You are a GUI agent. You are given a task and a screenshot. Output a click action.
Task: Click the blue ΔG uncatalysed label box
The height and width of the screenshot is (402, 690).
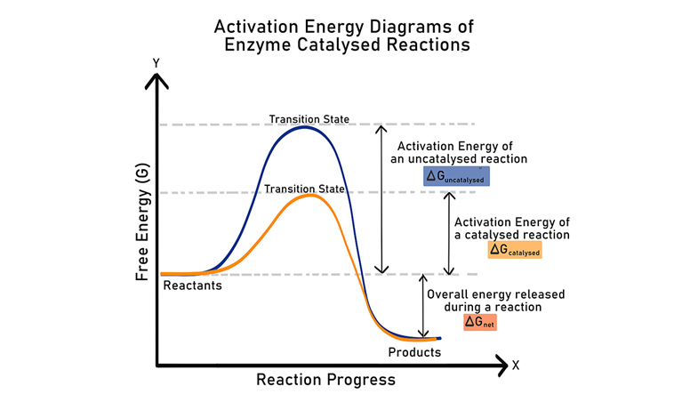[x=456, y=176]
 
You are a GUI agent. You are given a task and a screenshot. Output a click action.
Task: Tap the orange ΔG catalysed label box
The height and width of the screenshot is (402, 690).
[x=515, y=251]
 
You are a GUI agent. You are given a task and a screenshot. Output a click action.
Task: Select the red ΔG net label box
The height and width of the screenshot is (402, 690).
[x=480, y=323]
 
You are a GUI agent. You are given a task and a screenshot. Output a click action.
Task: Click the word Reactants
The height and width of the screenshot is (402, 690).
[x=193, y=285]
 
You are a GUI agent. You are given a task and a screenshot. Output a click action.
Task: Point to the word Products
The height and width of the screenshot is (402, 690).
[x=414, y=352]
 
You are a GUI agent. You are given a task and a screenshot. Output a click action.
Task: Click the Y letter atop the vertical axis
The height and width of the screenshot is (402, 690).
[x=156, y=63]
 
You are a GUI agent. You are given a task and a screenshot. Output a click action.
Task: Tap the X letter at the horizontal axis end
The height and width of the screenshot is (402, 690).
[x=515, y=365]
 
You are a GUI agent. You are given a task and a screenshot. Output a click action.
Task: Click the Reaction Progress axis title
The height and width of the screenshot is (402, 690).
[x=325, y=380]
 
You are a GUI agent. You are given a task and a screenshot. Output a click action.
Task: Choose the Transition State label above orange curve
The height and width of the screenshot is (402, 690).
[x=305, y=189]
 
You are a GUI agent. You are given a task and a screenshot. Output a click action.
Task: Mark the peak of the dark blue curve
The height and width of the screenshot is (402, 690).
[x=304, y=128]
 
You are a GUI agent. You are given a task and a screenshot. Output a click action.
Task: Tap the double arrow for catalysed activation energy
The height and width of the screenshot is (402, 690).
[x=448, y=233]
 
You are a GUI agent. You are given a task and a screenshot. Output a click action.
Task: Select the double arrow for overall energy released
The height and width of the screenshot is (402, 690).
[x=422, y=306]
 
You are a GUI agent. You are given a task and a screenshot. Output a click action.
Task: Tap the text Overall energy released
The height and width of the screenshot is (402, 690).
[x=495, y=293]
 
